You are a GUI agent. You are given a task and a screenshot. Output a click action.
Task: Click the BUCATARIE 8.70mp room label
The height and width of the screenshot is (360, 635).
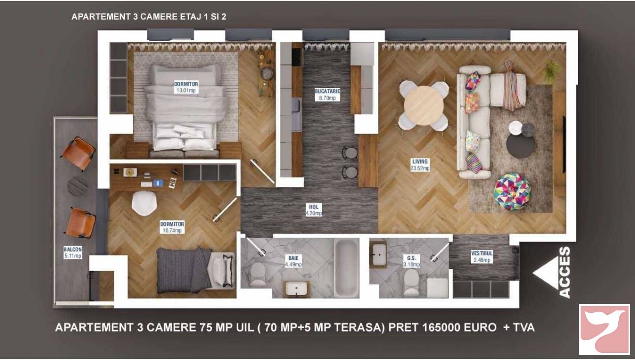(327, 94)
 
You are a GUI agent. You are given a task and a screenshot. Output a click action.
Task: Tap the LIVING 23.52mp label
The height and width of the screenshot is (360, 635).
(420, 165)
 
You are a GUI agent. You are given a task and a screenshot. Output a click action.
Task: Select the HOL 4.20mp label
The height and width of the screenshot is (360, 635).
(313, 210)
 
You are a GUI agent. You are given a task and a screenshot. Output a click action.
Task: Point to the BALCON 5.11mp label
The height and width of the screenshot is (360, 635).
(73, 252)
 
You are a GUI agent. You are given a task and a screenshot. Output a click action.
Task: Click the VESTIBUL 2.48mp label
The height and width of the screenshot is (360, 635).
(482, 256)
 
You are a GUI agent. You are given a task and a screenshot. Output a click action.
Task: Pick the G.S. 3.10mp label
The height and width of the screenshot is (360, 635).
(411, 261)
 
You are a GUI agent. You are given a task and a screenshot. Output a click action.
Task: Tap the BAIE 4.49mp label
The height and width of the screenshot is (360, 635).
(294, 261)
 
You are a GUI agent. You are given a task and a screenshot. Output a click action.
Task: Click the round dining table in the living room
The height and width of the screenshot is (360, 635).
(424, 106)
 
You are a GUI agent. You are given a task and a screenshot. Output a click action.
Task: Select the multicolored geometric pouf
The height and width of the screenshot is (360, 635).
(512, 192)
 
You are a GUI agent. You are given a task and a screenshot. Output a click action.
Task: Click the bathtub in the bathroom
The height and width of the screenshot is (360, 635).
(346, 268)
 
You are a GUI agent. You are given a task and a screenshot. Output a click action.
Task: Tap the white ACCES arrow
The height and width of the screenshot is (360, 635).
(546, 273)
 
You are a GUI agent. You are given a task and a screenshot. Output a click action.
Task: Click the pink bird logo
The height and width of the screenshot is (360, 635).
(604, 330)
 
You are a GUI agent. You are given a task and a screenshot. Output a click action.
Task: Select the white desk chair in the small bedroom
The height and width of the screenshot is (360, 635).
(144, 203)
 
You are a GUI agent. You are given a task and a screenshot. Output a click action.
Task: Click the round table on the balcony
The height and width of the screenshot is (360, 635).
(78, 186)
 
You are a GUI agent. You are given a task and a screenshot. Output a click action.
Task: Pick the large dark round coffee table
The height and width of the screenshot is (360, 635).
(521, 146)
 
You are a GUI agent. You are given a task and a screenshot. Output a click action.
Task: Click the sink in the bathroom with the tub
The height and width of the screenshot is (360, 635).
(296, 289)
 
